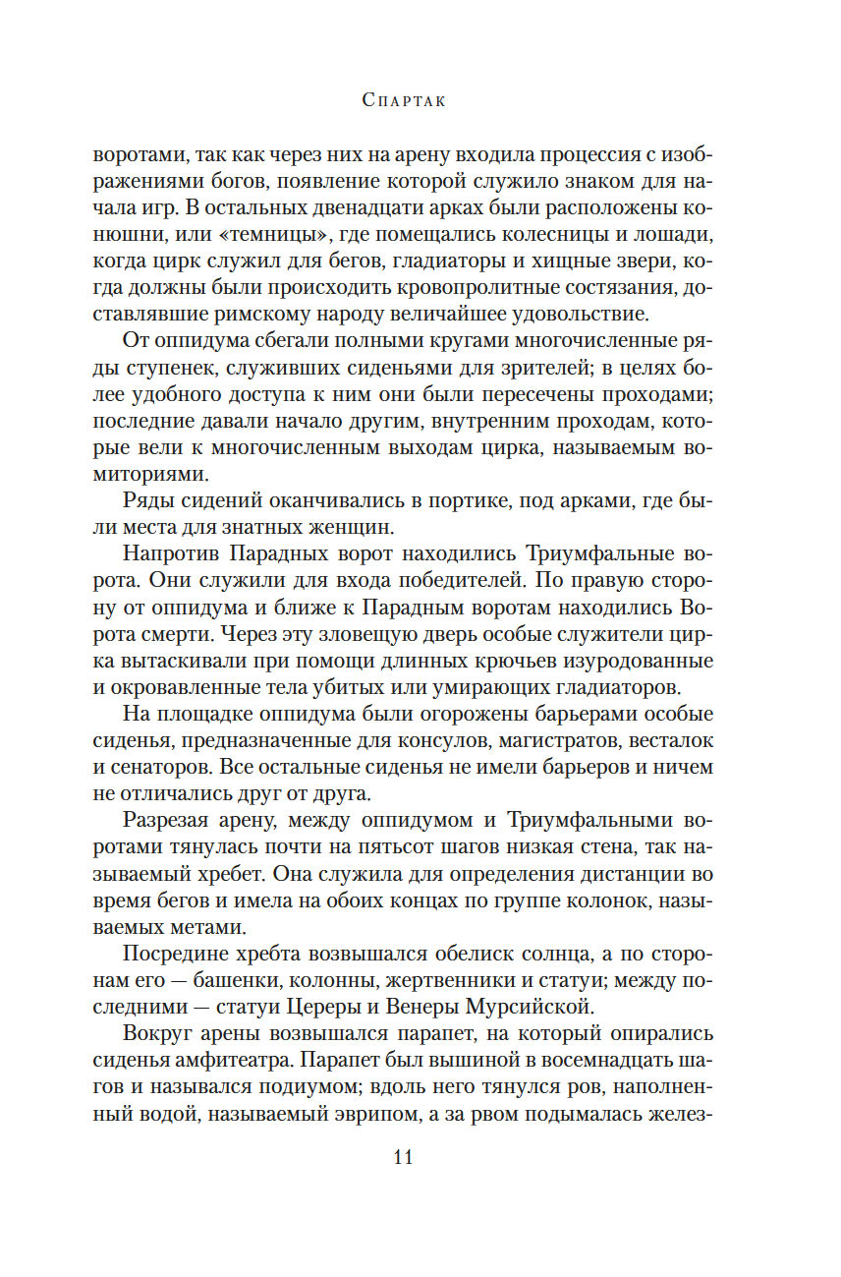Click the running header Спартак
click(404, 100)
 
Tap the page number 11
click(403, 1156)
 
